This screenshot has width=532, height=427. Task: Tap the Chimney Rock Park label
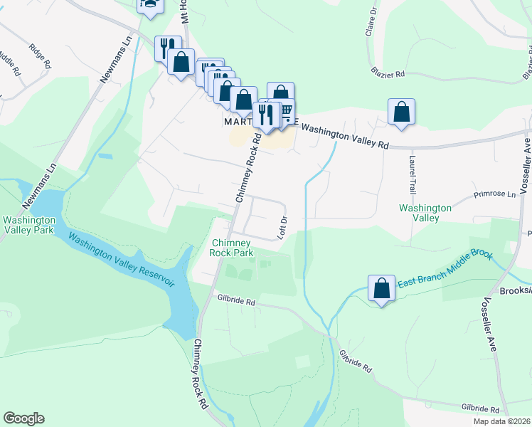point(232,248)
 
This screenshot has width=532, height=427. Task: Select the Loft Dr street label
point(282,227)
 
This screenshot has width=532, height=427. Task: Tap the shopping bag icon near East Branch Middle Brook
point(382,288)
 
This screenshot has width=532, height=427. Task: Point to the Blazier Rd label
point(387,73)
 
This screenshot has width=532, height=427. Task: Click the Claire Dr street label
point(371,23)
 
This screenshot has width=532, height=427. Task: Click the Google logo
point(23,418)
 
